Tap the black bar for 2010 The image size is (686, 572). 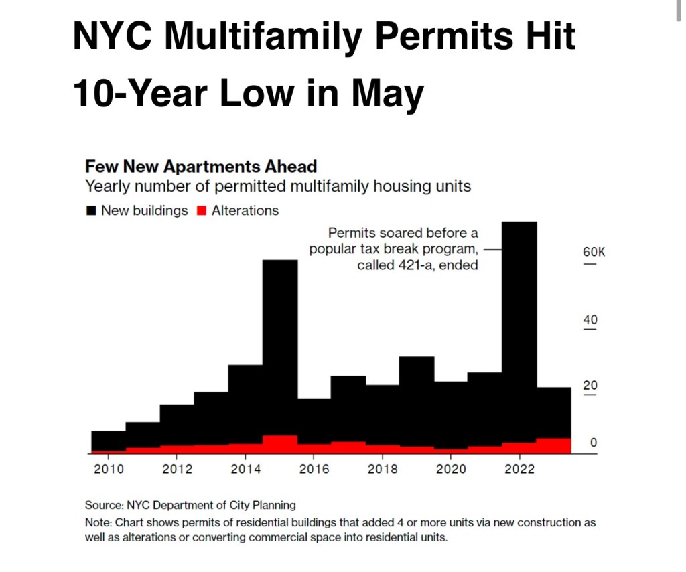[108, 441]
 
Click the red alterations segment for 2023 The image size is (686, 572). [554, 446]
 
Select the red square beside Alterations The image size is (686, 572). [201, 211]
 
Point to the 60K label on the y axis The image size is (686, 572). [594, 253]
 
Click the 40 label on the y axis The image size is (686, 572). [590, 319]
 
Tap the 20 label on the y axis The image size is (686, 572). [590, 386]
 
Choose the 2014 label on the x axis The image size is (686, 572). [245, 469]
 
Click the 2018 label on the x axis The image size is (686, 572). [383, 469]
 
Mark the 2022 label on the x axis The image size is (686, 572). [519, 469]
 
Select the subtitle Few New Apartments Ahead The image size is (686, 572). [201, 167]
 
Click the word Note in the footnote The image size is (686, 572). [98, 522]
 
